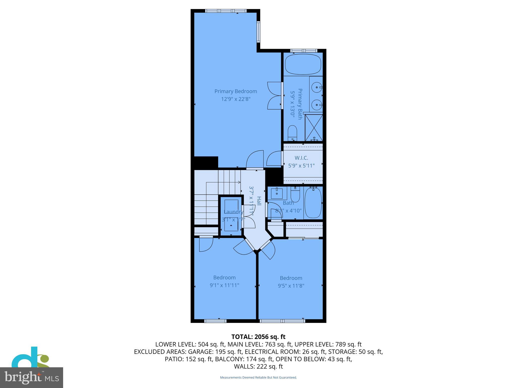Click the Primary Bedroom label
tap(236, 91)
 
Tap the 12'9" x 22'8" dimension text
tap(236, 99)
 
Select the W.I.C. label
tap(301, 158)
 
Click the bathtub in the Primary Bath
tap(303, 64)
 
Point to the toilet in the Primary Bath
tap(292, 133)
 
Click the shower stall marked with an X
tap(314, 128)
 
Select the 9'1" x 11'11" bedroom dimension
tap(224, 285)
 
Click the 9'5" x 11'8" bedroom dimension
tap(291, 286)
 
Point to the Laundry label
tap(234, 212)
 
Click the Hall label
tap(259, 201)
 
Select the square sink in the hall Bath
tap(277, 193)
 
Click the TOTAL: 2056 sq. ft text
tap(258, 337)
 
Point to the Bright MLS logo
tap(32, 377)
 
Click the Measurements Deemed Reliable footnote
tap(258, 377)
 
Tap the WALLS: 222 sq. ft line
tap(258, 367)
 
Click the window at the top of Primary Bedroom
tap(226, 11)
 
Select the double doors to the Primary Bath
tap(275, 95)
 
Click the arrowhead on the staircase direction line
tap(239, 182)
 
